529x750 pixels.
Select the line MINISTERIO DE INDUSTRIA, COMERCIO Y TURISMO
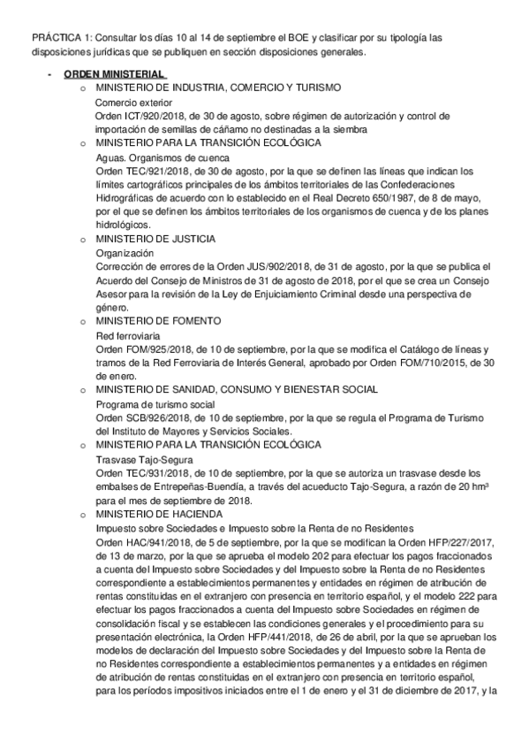pyautogui.click(x=218, y=90)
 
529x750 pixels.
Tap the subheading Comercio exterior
pyautogui.click(x=133, y=103)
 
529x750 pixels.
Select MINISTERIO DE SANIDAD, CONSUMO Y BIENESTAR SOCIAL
pyautogui.click(x=237, y=389)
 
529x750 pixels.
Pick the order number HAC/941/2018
pyautogui.click(x=155, y=540)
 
